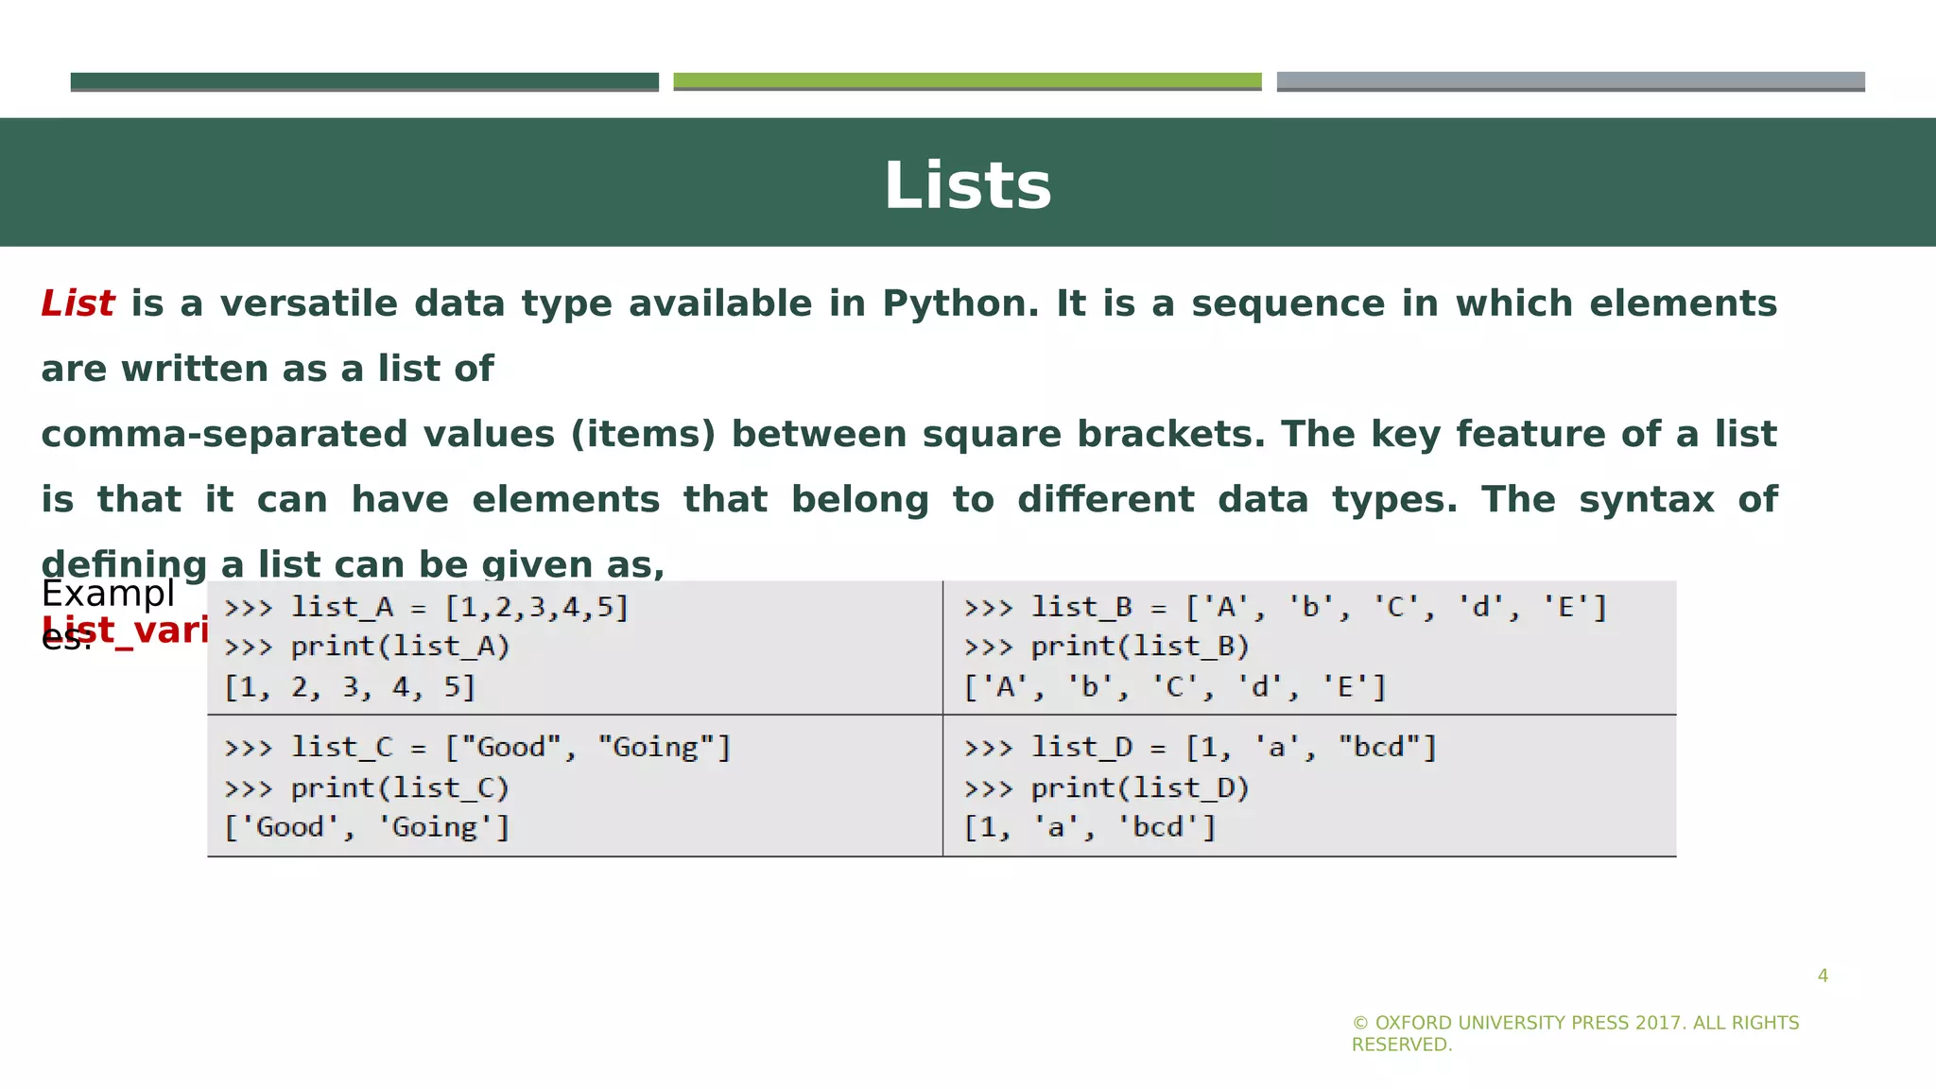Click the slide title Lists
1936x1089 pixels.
click(x=967, y=185)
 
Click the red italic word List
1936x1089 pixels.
click(x=78, y=304)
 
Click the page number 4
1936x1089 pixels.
click(x=1823, y=976)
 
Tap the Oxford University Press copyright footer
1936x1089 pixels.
click(x=1575, y=1033)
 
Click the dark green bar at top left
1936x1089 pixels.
click(x=364, y=81)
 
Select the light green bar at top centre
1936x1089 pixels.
click(x=967, y=81)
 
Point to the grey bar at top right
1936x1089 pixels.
click(x=1570, y=81)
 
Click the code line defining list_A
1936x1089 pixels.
click(x=426, y=607)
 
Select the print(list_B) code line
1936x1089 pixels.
click(x=1107, y=647)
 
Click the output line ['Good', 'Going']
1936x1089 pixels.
click(x=367, y=828)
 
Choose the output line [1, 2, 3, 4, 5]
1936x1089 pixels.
click(x=350, y=687)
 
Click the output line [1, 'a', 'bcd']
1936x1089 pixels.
click(x=1090, y=828)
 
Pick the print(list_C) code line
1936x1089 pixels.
click(x=367, y=787)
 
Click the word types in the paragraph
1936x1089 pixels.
click(x=1394, y=500)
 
